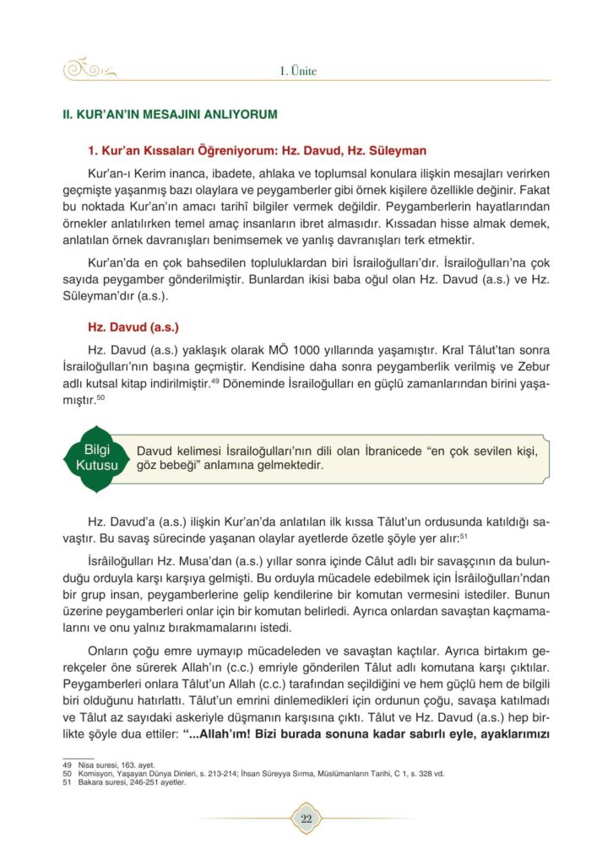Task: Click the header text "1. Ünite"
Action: (x=298, y=71)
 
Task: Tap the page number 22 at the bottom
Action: (x=306, y=818)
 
